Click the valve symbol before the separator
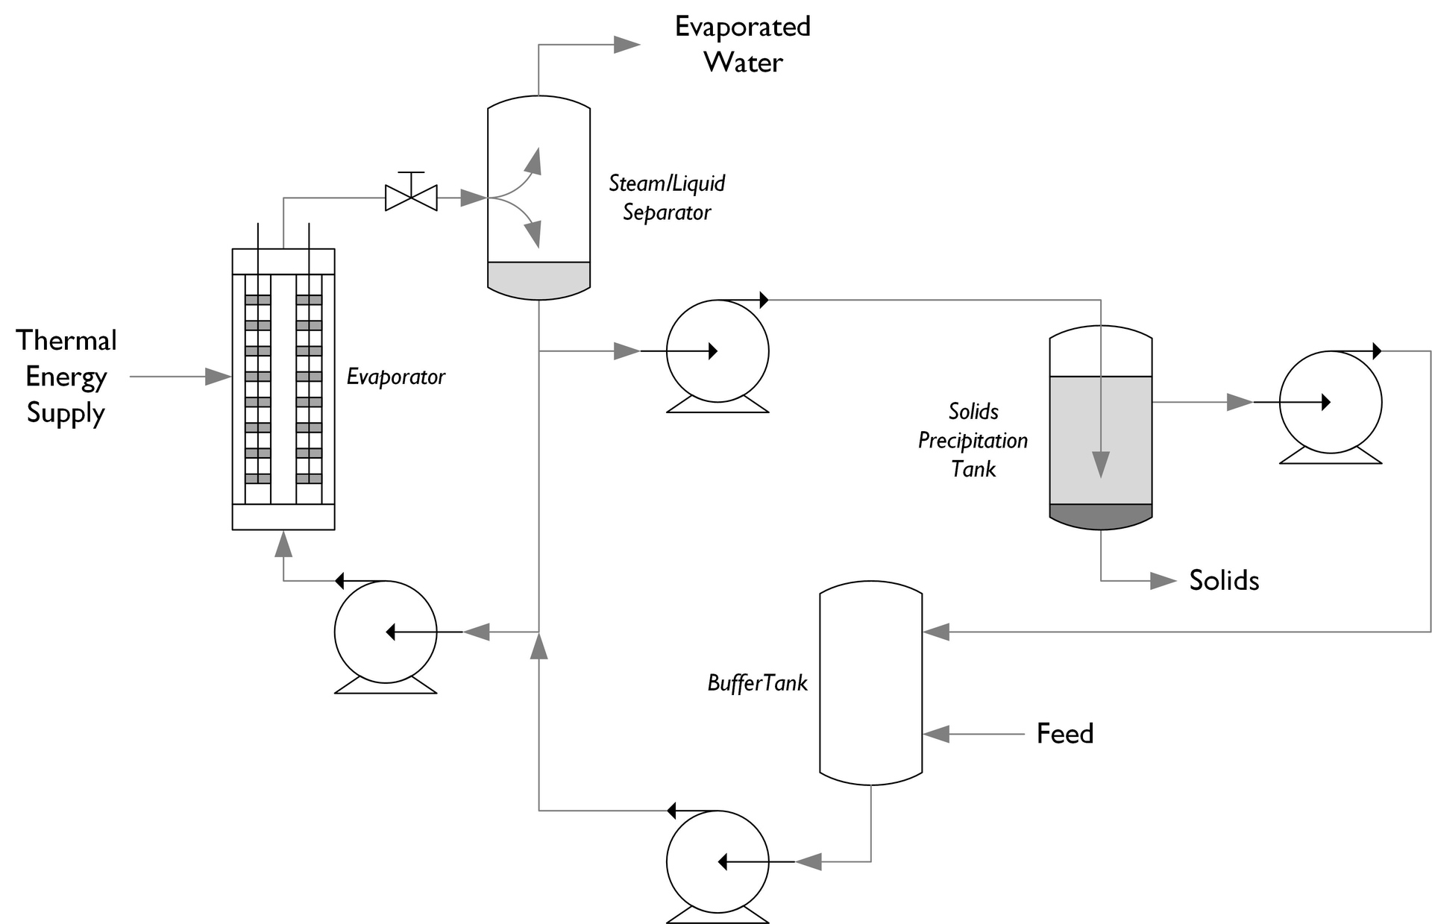411,198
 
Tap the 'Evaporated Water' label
743,44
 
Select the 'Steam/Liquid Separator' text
666,198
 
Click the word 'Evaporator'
395,377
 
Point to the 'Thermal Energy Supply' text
66,377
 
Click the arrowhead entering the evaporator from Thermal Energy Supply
218,377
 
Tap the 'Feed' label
1064,734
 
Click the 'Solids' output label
1223,580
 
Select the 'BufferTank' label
757,683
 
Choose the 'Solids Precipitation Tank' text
973,440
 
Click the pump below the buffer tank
717,862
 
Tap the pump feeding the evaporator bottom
386,632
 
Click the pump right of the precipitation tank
1331,403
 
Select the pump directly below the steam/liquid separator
717,351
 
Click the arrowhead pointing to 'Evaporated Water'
626,45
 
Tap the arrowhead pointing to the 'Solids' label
1163,581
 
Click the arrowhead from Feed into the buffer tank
937,734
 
